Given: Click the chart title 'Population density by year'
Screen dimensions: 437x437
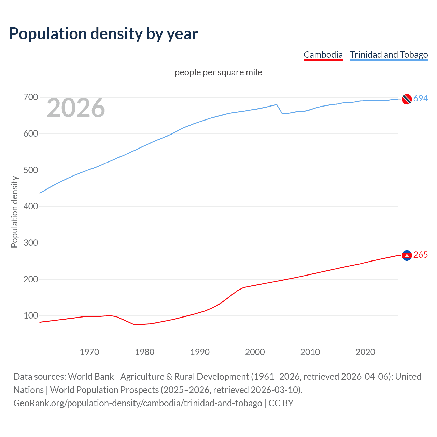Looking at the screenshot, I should pyautogui.click(x=103, y=34).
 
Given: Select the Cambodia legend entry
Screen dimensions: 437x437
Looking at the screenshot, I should pyautogui.click(x=323, y=55).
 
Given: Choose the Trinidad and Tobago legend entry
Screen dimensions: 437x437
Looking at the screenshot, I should pyautogui.click(x=389, y=55).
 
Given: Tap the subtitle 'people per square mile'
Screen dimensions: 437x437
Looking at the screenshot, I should pyautogui.click(x=218, y=72).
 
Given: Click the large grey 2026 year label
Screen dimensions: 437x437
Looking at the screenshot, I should pyautogui.click(x=76, y=108).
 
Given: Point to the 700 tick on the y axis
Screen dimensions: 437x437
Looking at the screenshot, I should pyautogui.click(x=30, y=97).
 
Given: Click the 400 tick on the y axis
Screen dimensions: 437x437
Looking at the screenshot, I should pyautogui.click(x=30, y=206).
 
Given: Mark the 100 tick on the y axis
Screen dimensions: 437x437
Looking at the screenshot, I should pyautogui.click(x=30, y=315).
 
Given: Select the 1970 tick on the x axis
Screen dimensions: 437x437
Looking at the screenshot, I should pyautogui.click(x=89, y=352).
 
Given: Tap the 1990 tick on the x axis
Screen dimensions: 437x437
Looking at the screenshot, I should pyautogui.click(x=200, y=352).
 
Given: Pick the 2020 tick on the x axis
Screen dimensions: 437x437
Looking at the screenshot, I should pyautogui.click(x=365, y=352).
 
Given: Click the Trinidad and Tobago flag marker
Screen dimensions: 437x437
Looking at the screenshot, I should pyautogui.click(x=407, y=99).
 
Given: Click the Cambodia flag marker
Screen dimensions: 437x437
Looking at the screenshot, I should pyautogui.click(x=407, y=255).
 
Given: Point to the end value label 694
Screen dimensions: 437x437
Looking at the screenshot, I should pyautogui.click(x=421, y=98).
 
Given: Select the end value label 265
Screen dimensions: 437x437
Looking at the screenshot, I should pyautogui.click(x=421, y=255).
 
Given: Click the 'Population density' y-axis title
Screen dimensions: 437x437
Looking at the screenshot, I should pyautogui.click(x=14, y=212).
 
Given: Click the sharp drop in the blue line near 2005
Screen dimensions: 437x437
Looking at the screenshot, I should pyautogui.click(x=280, y=109).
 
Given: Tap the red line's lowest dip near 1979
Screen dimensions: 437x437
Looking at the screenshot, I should pyautogui.click(x=139, y=325).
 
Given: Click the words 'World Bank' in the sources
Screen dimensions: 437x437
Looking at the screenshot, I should pyautogui.click(x=91, y=377).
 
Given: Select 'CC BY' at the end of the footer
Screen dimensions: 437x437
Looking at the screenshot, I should pyautogui.click(x=281, y=403).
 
